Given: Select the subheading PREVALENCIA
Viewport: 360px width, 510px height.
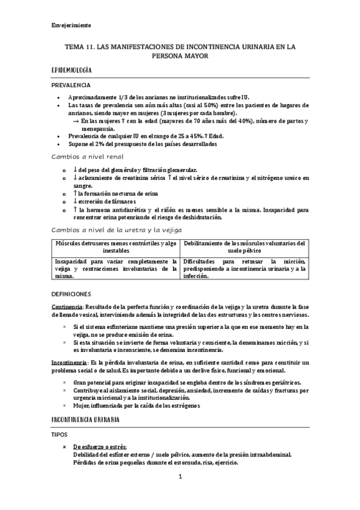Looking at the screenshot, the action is pyautogui.click(x=71, y=85).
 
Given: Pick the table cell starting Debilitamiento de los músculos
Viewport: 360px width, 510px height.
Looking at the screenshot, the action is pyautogui.click(x=244, y=247).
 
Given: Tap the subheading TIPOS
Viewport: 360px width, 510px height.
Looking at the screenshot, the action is pyautogui.click(x=61, y=433).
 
